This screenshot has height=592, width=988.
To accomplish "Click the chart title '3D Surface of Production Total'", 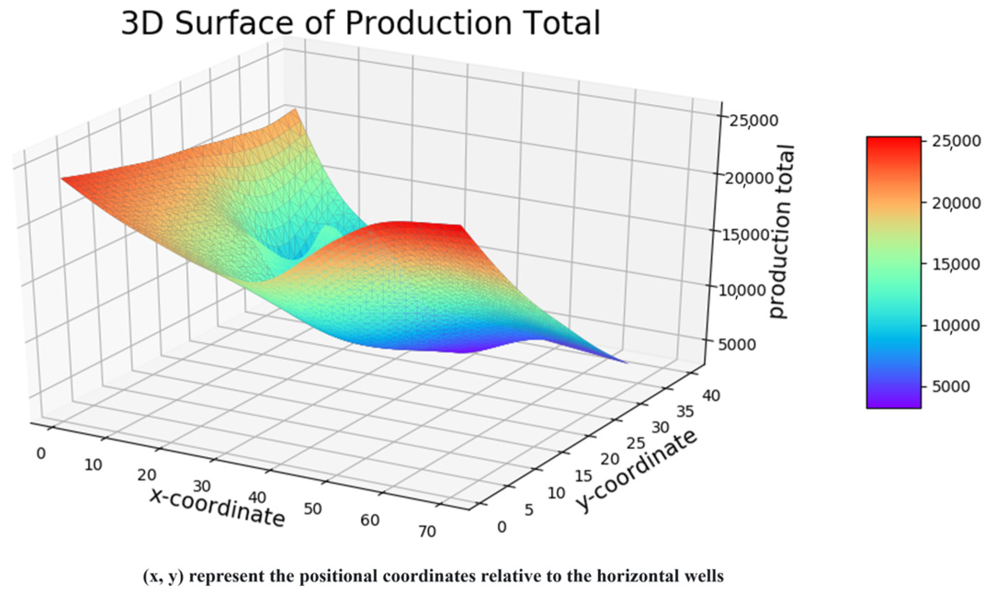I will (x=361, y=23).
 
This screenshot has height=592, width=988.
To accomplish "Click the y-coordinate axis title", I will (x=637, y=472).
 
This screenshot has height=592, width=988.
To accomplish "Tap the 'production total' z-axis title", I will (x=781, y=232).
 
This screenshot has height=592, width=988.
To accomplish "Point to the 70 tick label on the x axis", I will (x=427, y=531).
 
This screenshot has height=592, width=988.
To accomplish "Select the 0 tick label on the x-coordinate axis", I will (x=41, y=454).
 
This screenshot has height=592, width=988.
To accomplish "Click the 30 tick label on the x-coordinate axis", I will (x=202, y=486).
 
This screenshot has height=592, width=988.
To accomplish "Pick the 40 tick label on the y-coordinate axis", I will (x=711, y=395).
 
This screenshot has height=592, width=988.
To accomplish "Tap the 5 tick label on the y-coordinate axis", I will (x=529, y=510).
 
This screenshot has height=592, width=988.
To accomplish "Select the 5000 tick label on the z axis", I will (x=736, y=344).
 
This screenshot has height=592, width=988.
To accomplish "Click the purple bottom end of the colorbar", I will (x=893, y=403).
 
